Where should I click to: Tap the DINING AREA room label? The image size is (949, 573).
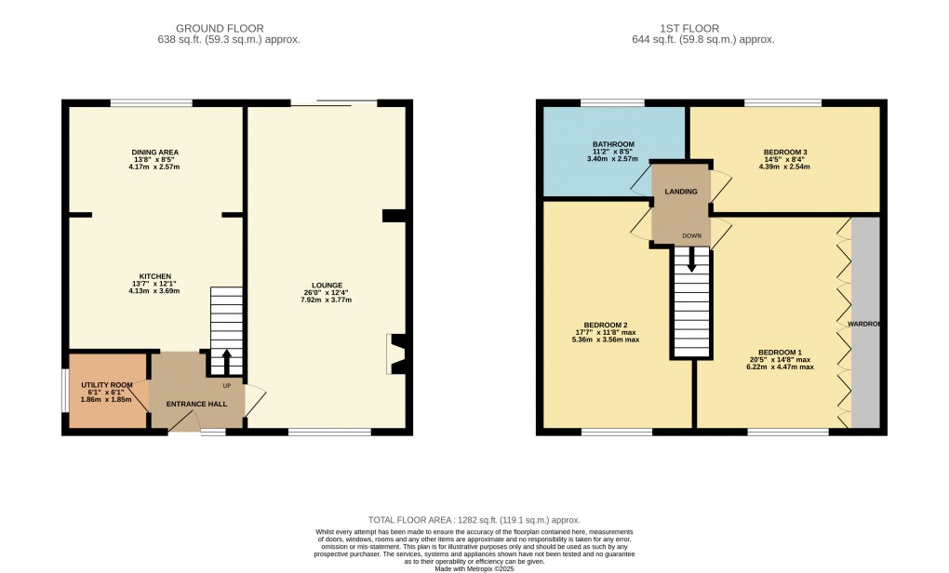pos(154,152)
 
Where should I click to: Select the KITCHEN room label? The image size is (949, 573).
pos(154,276)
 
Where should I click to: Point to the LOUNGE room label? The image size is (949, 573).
pos(327,285)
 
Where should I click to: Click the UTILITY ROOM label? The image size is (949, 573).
pos(107,384)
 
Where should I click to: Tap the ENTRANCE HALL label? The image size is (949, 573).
pos(196,405)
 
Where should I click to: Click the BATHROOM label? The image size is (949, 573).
pos(613,144)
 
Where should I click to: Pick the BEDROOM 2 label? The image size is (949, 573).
pos(605,325)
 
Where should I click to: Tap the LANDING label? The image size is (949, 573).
pos(681,192)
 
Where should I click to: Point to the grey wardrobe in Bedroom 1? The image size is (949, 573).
pos(865,323)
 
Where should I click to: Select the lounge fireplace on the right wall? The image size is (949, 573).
pos(394,354)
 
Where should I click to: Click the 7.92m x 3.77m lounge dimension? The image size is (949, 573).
pos(327,300)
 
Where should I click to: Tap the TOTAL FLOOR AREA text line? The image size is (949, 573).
pos(474,520)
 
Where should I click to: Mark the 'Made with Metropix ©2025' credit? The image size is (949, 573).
pos(474,567)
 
